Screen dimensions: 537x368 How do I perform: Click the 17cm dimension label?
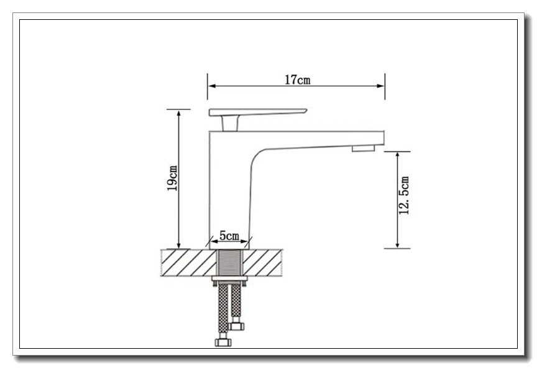(x=298, y=79)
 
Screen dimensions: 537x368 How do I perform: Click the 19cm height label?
(x=172, y=178)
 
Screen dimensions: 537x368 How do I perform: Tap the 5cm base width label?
(x=229, y=236)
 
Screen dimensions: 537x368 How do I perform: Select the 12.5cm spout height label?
(x=404, y=195)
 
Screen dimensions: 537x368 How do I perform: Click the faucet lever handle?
(x=257, y=112)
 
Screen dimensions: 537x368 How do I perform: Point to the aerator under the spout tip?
(x=364, y=148)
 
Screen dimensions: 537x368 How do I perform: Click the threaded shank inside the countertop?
(x=230, y=263)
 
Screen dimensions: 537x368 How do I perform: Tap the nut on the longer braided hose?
(x=223, y=342)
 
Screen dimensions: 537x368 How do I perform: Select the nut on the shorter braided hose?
(x=236, y=326)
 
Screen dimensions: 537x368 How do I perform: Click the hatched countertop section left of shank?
(x=189, y=263)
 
